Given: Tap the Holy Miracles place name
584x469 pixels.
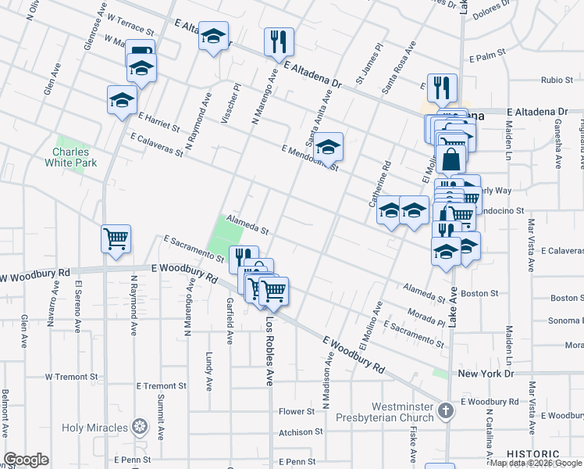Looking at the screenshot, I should tap(94, 428).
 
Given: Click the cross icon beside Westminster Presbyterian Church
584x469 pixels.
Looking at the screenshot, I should tap(445, 411).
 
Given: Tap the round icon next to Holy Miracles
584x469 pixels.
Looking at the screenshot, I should tap(140, 428).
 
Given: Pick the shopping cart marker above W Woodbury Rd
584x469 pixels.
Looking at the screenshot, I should tap(116, 238).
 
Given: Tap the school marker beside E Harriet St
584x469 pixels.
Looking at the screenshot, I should tap(122, 99).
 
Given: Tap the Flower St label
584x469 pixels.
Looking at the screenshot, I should tap(297, 411).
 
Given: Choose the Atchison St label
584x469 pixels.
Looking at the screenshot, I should tap(297, 431).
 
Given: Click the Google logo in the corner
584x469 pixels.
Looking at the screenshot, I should tap(26, 460).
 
